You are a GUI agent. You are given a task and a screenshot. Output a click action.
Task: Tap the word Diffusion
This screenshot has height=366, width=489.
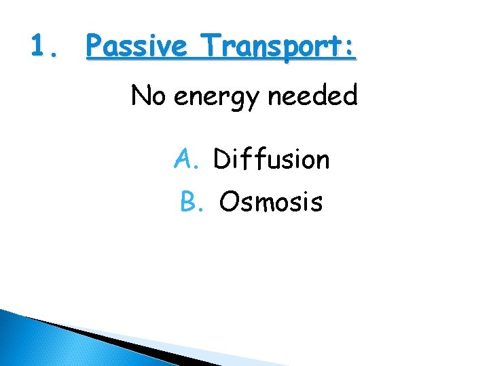coord(271,159)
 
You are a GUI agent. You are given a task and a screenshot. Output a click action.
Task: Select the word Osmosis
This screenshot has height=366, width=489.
coord(271,201)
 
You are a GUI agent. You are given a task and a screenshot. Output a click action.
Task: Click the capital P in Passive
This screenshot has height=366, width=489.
coord(95,47)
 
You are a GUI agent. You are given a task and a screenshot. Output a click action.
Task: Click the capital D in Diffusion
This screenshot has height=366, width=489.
coord(221,159)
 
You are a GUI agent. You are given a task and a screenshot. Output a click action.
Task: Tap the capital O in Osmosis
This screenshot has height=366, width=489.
coord(229,201)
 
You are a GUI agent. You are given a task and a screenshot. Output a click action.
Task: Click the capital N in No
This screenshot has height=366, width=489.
coord(140,96)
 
